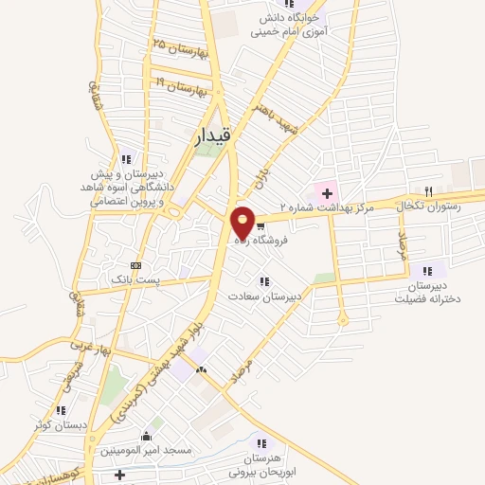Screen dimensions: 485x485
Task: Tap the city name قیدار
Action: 213,135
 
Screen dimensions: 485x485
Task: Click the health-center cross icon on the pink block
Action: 327,193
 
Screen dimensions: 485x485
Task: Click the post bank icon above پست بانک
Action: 135,265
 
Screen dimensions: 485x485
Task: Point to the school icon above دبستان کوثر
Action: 61,410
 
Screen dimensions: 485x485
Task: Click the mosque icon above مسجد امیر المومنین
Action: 145,437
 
